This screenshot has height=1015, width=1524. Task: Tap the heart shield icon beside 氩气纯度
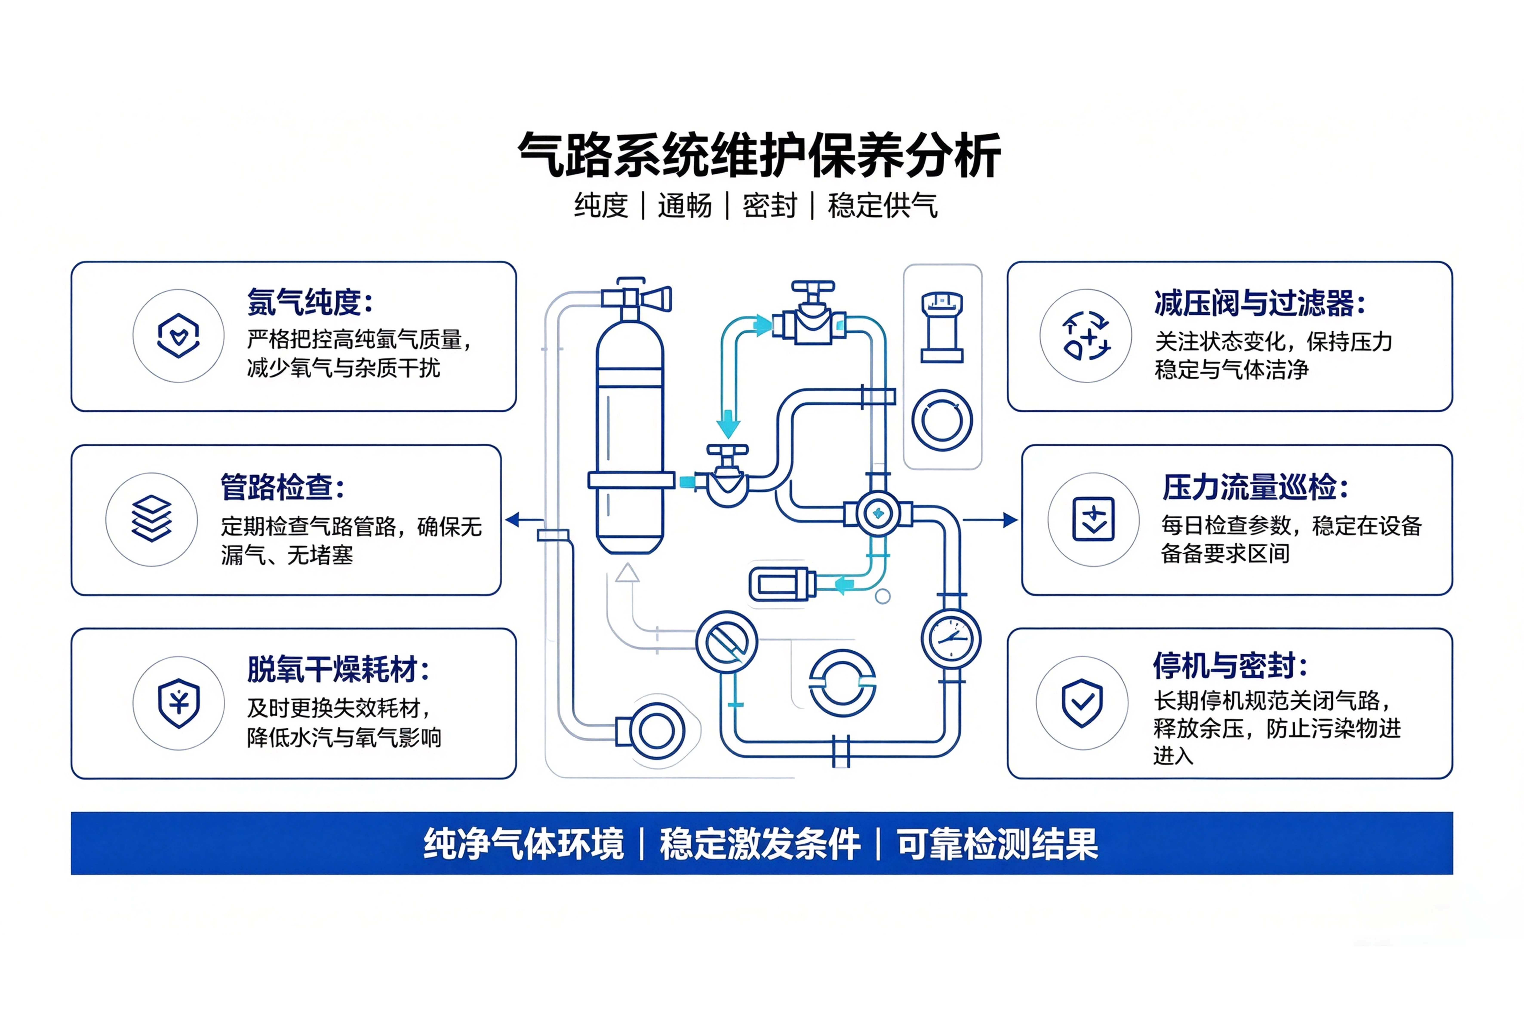178,335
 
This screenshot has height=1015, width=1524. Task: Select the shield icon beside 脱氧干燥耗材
179,703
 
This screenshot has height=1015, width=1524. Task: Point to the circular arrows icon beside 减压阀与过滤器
1086,335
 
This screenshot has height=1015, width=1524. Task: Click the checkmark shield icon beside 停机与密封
1082,703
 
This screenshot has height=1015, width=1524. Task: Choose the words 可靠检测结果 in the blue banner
997,844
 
